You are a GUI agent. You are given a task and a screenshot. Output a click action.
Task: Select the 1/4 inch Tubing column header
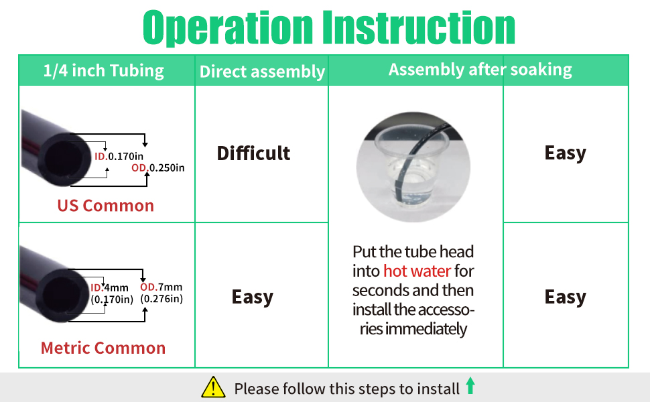coord(103,70)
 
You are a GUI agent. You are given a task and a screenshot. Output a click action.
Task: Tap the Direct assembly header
coord(262,72)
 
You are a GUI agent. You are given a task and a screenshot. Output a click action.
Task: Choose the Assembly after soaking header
coord(480,70)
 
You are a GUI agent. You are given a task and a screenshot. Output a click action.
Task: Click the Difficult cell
coord(253,153)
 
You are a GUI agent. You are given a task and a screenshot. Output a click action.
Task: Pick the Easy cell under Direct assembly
coord(253,297)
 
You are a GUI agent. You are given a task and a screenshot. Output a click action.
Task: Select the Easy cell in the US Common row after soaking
coord(565,153)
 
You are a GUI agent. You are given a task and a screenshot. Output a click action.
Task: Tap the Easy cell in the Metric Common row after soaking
coord(565,297)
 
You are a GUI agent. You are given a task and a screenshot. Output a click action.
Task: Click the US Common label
coord(105,206)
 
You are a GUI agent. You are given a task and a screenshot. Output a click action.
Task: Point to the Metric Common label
coord(103,348)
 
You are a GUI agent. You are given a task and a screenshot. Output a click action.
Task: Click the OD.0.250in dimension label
coord(157,167)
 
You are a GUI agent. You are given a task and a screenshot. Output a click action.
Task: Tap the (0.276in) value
coord(161,299)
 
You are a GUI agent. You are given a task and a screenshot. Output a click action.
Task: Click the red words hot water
coord(417,271)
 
